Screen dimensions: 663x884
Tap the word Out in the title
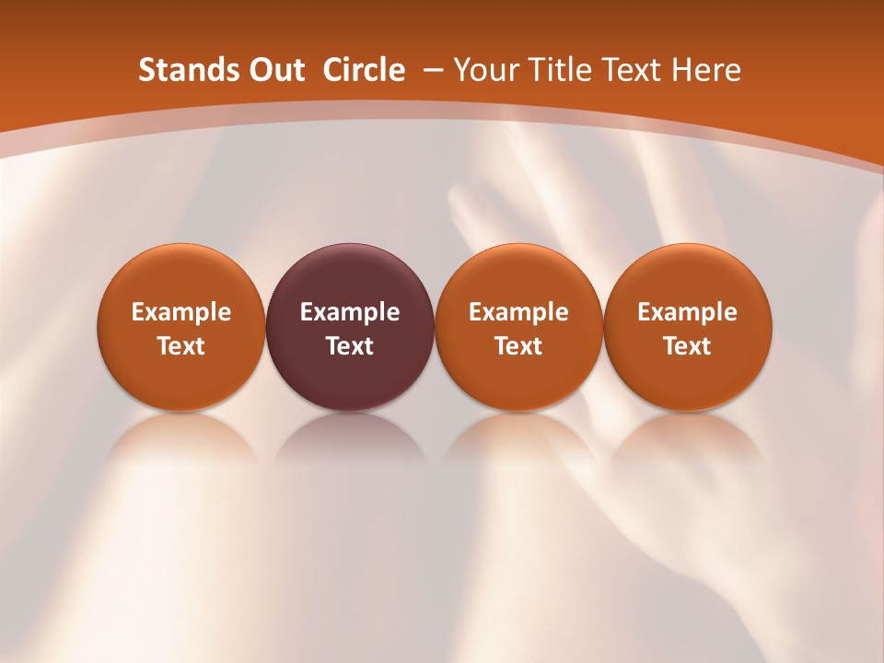[x=276, y=70]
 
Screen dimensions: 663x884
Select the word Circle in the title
[x=364, y=70]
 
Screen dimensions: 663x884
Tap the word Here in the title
[x=707, y=70]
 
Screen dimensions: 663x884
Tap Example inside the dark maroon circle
[x=350, y=312]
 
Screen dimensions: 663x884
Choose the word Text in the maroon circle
[x=350, y=346]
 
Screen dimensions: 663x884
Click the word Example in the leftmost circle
[x=180, y=312]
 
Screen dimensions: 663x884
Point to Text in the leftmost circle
[x=180, y=346]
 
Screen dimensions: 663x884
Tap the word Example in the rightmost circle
[x=687, y=312]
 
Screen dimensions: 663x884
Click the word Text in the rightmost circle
[x=687, y=346]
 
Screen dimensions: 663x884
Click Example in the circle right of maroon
[x=518, y=312]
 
